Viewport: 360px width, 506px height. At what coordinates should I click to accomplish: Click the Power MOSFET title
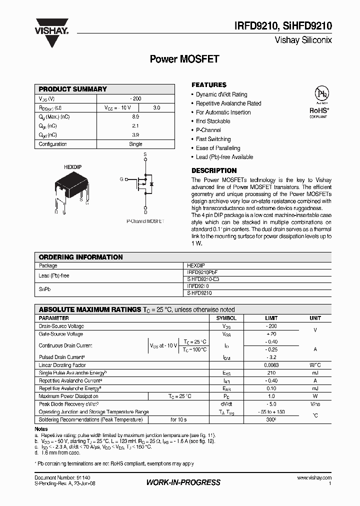coord(184,59)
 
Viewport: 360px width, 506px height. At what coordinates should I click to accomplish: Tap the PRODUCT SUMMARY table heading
coord(73,89)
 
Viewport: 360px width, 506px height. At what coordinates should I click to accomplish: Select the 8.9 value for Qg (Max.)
coord(135,116)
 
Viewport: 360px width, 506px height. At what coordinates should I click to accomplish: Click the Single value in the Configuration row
coord(135,144)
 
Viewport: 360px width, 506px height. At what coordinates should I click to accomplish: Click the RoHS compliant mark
coord(318,111)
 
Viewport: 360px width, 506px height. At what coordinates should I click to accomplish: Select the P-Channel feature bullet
coord(208,130)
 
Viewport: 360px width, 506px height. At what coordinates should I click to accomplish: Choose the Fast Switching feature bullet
coord(213,139)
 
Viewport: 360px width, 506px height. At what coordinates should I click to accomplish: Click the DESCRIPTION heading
coord(214,170)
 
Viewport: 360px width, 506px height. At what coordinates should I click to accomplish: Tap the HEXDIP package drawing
coord(70,187)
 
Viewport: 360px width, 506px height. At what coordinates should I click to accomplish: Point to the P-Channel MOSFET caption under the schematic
coord(145,221)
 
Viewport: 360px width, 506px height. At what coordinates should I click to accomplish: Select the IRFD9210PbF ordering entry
coord(202,273)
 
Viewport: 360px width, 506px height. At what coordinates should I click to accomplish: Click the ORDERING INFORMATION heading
coord(80,257)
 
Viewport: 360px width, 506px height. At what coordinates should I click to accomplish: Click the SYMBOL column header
coord(226,318)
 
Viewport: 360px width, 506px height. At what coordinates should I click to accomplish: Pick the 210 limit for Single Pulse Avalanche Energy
coord(272,373)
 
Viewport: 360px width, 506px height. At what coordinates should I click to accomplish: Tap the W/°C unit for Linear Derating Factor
coord(315,365)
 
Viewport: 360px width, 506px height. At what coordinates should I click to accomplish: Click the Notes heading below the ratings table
coord(41,429)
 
